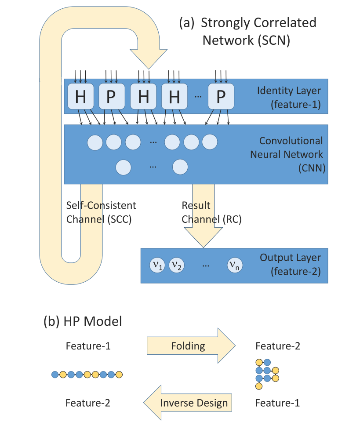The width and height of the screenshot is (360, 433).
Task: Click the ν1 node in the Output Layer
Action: (158, 266)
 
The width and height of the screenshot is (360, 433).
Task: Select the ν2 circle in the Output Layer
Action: (177, 266)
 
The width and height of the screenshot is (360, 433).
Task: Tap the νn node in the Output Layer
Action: (234, 266)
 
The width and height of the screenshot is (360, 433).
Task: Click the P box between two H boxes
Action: (112, 97)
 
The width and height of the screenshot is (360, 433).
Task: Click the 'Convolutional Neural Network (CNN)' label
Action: (287, 154)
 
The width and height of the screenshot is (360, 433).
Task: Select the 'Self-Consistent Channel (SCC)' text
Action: (101, 212)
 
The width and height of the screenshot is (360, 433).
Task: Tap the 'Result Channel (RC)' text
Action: (211, 212)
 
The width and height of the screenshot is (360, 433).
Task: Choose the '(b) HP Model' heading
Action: (83, 321)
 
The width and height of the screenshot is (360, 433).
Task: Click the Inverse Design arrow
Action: (188, 403)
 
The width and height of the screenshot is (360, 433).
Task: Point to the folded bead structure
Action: (266, 374)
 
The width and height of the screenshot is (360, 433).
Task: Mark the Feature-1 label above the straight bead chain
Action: (88, 346)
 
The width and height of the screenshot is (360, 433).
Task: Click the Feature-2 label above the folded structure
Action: (278, 346)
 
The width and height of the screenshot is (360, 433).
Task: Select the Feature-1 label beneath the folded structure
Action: (278, 403)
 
